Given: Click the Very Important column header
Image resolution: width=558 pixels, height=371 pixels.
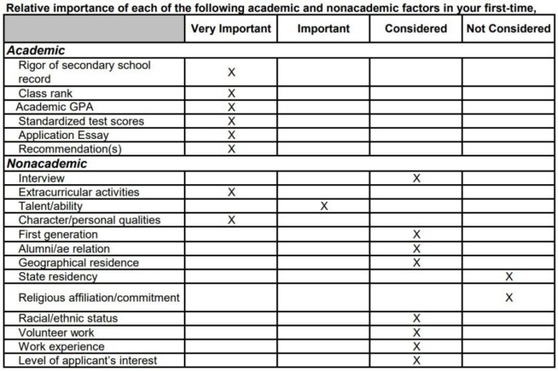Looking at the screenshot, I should click(x=231, y=29).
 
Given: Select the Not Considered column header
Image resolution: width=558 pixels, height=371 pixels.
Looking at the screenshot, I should click(x=508, y=29).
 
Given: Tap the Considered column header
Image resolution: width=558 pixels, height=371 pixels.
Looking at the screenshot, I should click(x=416, y=29).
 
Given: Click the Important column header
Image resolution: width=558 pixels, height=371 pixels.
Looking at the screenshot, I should click(x=323, y=29).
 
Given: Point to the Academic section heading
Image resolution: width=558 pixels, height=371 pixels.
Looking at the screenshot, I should click(x=36, y=51).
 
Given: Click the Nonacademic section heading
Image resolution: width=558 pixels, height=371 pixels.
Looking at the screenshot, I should click(x=47, y=164).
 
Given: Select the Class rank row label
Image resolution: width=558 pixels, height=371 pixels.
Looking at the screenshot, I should click(x=45, y=93).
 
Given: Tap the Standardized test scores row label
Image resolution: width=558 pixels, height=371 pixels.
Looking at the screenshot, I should click(x=81, y=121).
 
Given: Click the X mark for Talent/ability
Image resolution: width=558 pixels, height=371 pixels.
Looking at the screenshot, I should click(x=324, y=207).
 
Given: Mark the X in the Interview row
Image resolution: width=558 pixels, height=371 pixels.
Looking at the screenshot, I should click(x=416, y=178).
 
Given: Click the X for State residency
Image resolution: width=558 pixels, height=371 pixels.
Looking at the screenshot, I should click(x=509, y=276).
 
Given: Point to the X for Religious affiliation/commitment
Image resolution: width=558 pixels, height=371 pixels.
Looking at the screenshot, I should click(x=509, y=298).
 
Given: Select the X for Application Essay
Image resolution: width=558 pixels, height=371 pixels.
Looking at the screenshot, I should click(x=232, y=135).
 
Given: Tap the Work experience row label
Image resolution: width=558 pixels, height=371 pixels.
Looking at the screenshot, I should click(x=61, y=346).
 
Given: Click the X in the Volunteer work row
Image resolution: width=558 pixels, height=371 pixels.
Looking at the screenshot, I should click(x=416, y=332).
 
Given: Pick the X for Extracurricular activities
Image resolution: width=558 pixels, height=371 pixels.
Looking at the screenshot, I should click(x=232, y=192).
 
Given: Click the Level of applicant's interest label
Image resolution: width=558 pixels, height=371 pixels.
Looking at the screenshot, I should click(x=87, y=361).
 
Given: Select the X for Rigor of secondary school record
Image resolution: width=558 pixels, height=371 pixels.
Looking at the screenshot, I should click(x=232, y=72).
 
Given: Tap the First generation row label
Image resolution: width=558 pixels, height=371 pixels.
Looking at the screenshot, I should click(x=57, y=234).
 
